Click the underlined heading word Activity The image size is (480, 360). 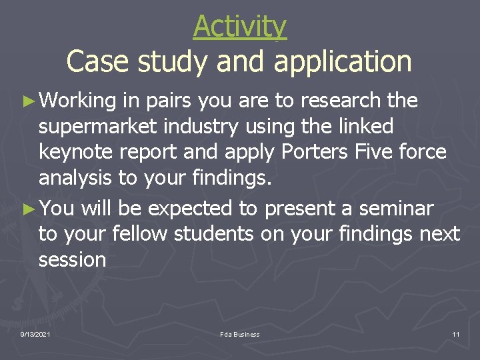click(240, 27)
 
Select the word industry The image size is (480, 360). click(213, 127)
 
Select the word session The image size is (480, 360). click(72, 260)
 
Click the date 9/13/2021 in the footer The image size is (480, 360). click(35, 334)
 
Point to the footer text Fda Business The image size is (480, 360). click(240, 334)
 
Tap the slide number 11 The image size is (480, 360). click(456, 334)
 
